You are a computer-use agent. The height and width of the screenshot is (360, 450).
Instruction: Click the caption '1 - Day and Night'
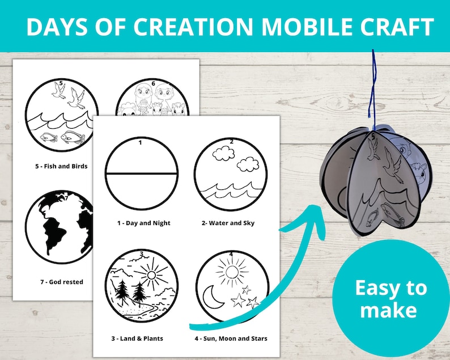pos(144,223)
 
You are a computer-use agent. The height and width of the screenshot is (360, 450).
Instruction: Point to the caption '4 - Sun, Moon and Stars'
pos(231,338)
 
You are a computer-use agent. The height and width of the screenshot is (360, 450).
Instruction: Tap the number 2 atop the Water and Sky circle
pos(231,141)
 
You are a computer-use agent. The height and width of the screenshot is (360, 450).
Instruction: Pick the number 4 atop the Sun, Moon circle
pos(231,254)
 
